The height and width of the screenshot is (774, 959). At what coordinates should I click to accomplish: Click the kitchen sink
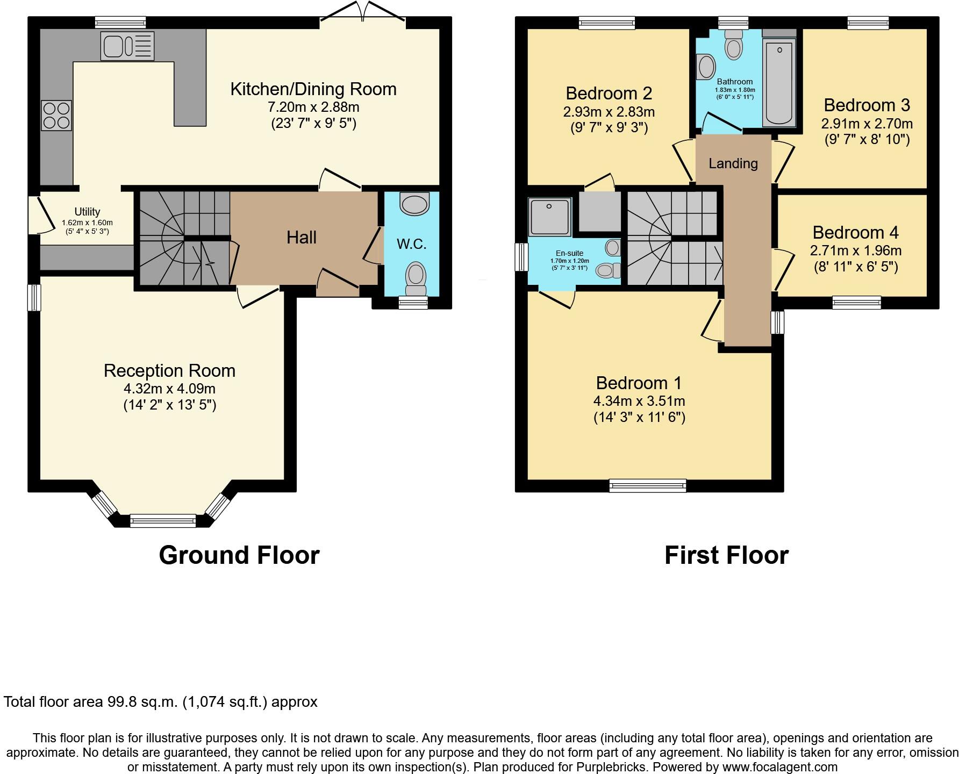click(x=126, y=46)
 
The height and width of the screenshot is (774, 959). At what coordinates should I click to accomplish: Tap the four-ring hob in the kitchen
click(x=56, y=116)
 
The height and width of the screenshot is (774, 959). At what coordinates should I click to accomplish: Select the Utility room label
click(x=87, y=212)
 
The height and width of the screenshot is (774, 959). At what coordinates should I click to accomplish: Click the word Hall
click(x=301, y=238)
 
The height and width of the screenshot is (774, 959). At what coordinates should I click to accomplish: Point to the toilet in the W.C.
click(x=416, y=277)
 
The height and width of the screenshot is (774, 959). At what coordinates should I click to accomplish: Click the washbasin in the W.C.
click(x=415, y=204)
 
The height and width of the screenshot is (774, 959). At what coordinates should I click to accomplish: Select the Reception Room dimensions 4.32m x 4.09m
click(x=169, y=389)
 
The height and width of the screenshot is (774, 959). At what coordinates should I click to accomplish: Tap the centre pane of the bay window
click(x=163, y=520)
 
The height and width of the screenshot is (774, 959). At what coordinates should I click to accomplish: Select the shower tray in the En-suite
click(x=549, y=217)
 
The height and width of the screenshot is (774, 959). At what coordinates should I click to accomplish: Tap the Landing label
click(x=733, y=163)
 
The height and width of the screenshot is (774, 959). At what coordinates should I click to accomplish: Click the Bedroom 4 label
click(x=855, y=233)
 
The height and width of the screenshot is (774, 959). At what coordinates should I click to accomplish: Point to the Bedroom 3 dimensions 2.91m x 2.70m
click(x=867, y=124)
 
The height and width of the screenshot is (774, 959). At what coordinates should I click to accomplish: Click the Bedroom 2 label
click(x=609, y=94)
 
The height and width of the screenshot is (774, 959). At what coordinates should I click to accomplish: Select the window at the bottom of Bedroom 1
click(x=648, y=486)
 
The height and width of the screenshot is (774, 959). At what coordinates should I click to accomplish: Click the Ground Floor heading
click(x=239, y=555)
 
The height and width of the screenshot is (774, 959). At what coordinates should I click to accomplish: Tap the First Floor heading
click(x=726, y=555)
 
